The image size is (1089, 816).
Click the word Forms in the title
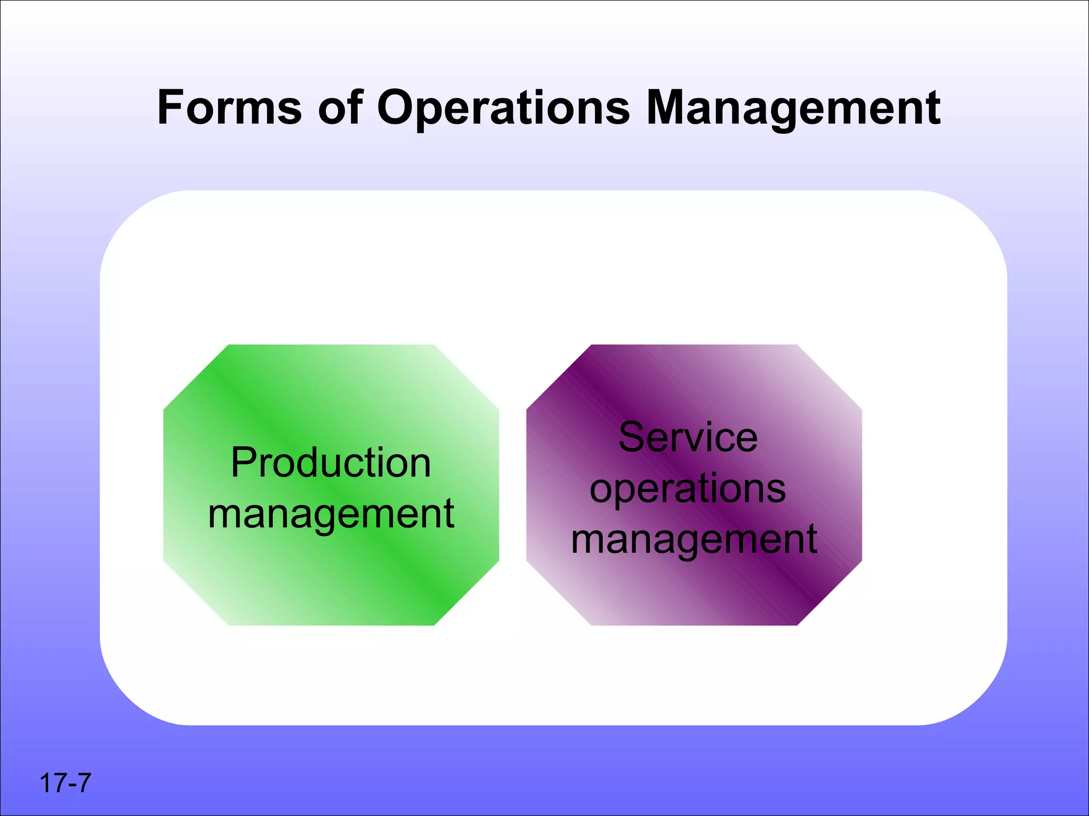click(229, 107)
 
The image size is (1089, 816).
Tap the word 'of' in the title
click(340, 107)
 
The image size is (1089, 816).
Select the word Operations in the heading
click(503, 108)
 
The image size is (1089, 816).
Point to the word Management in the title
click(793, 108)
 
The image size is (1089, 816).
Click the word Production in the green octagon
click(331, 463)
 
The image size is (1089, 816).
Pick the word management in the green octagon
click(331, 514)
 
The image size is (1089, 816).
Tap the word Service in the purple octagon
click(688, 437)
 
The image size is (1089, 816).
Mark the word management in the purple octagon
click(694, 540)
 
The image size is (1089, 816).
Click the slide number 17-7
click(65, 783)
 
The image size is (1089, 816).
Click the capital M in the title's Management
click(668, 107)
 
